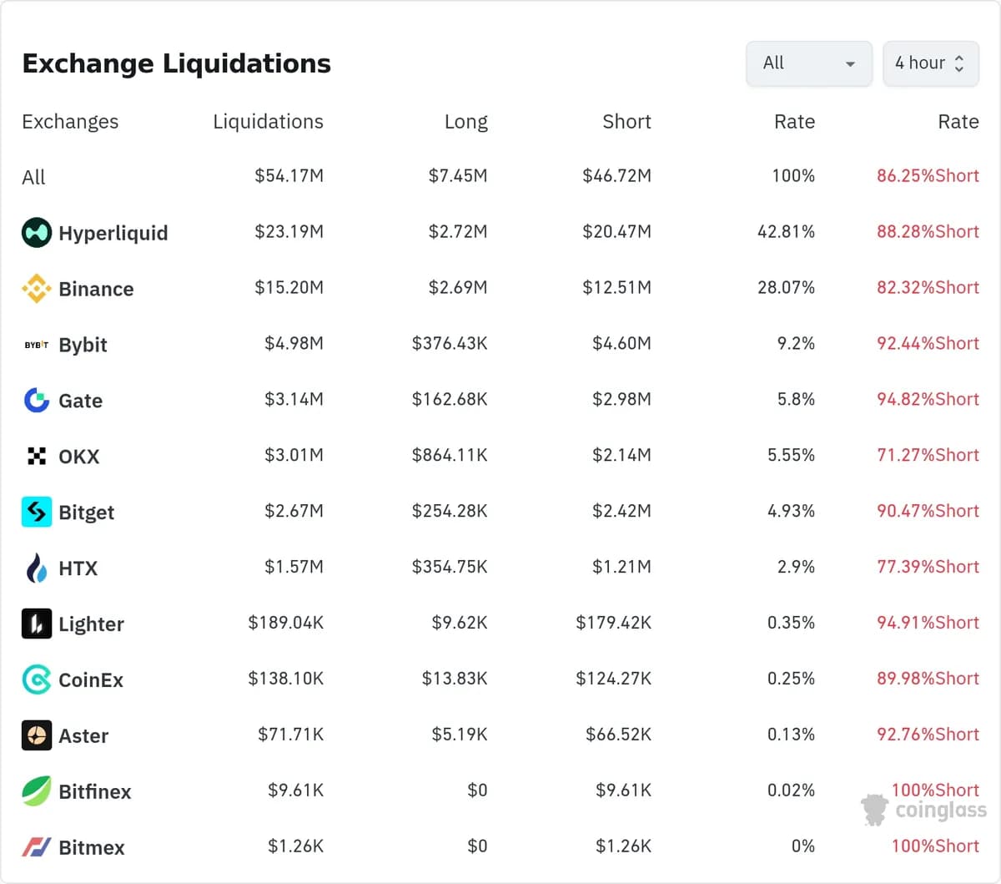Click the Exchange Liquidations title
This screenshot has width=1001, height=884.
(x=176, y=63)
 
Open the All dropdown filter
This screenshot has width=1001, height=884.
(x=809, y=63)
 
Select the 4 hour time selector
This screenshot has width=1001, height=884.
(x=931, y=63)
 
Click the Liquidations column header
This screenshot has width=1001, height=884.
(x=269, y=122)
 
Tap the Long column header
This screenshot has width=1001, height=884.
(x=466, y=122)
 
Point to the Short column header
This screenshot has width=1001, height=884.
(x=626, y=122)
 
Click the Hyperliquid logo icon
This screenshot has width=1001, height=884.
(x=37, y=232)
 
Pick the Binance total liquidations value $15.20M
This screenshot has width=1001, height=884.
(x=289, y=287)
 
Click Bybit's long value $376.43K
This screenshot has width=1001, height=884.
(x=450, y=343)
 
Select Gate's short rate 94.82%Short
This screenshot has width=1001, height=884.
(x=928, y=399)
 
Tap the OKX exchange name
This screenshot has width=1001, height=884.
(x=79, y=457)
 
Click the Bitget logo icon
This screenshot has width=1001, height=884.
(x=37, y=512)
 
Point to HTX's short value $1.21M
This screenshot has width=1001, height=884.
(x=621, y=567)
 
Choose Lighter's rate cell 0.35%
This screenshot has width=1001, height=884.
(x=791, y=623)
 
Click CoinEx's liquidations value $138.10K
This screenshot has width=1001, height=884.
(x=285, y=679)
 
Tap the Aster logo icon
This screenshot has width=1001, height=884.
(x=37, y=735)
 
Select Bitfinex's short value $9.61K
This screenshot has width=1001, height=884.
(x=623, y=790)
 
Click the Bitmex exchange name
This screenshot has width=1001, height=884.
(x=92, y=847)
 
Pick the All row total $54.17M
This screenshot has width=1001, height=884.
(x=289, y=175)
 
